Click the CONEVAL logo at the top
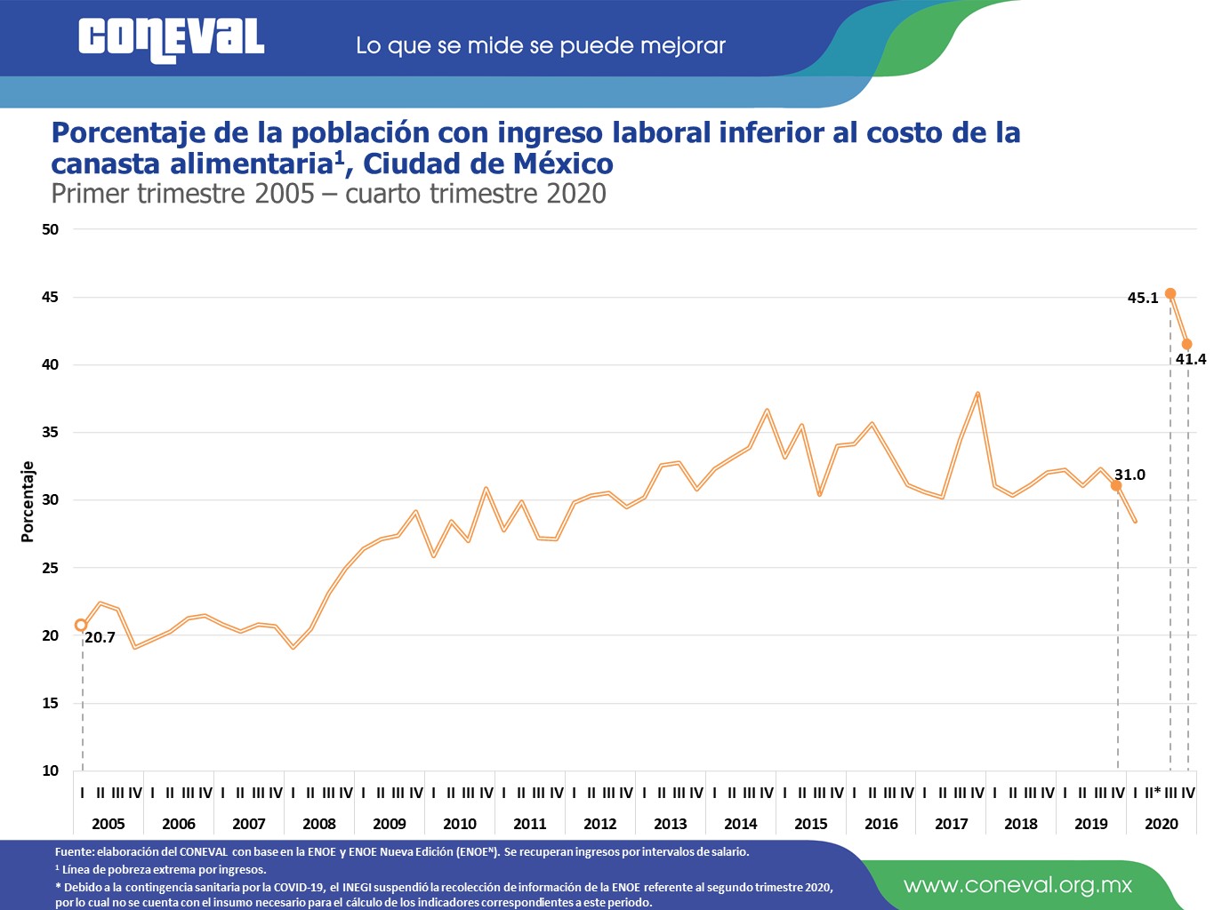click(x=171, y=40)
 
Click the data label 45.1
click(x=1142, y=298)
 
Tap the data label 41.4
click(x=1191, y=359)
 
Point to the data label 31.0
click(x=1130, y=475)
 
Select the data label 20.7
click(x=100, y=637)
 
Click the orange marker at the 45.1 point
click(x=1170, y=293)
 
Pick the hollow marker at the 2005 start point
click(x=81, y=625)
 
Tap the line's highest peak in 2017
click(x=977, y=393)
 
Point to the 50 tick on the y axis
click(x=50, y=229)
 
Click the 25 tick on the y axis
click(x=50, y=568)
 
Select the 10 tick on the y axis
click(x=50, y=770)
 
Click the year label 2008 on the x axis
click(x=318, y=824)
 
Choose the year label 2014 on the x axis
click(x=740, y=824)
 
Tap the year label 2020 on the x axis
click(x=1161, y=824)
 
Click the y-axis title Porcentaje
click(x=28, y=501)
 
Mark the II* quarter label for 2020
click(x=1153, y=793)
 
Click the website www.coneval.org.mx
click(x=1017, y=885)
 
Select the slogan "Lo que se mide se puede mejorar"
click(x=540, y=45)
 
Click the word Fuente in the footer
click(x=73, y=851)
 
